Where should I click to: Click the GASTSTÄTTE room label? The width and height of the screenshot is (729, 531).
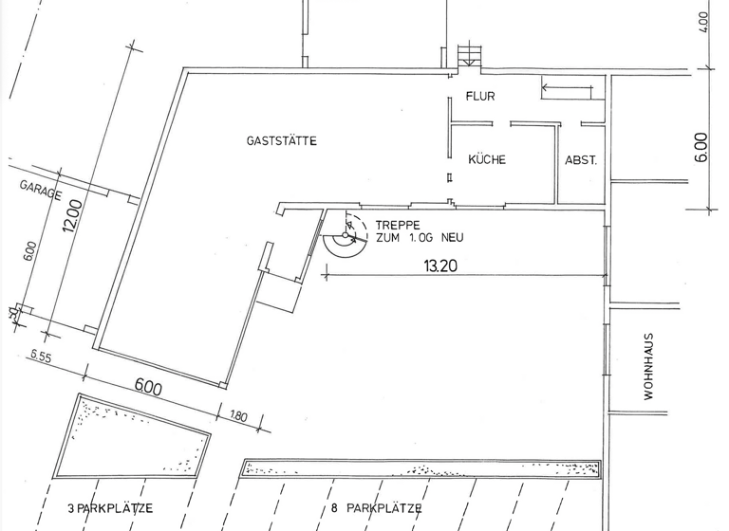[x=282, y=140]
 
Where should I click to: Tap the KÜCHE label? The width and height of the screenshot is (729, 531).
[x=487, y=159]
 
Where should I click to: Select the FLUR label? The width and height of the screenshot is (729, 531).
[x=480, y=96]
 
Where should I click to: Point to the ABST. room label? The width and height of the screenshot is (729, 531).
[x=581, y=160]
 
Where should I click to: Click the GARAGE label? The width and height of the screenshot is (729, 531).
[x=41, y=191]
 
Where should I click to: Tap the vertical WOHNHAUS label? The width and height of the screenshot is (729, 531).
[x=648, y=366]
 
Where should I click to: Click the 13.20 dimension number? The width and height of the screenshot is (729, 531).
[x=440, y=265]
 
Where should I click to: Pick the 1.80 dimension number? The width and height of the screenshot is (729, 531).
[x=238, y=415]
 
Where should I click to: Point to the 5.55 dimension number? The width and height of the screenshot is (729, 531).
[x=41, y=357]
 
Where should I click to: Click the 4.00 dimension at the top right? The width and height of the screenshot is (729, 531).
[x=703, y=22]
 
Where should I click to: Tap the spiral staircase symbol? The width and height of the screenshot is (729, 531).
[x=346, y=235]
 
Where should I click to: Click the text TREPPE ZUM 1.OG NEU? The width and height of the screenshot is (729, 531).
[x=420, y=231]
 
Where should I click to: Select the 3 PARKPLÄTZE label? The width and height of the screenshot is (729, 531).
[x=110, y=508]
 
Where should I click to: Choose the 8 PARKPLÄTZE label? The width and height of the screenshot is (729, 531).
[x=377, y=508]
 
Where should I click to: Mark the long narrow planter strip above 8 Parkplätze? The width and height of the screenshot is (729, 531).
[x=421, y=468]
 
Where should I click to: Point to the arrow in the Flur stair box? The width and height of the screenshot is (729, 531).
[x=568, y=87]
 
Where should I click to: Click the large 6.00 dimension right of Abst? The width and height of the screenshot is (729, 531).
[x=702, y=147]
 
